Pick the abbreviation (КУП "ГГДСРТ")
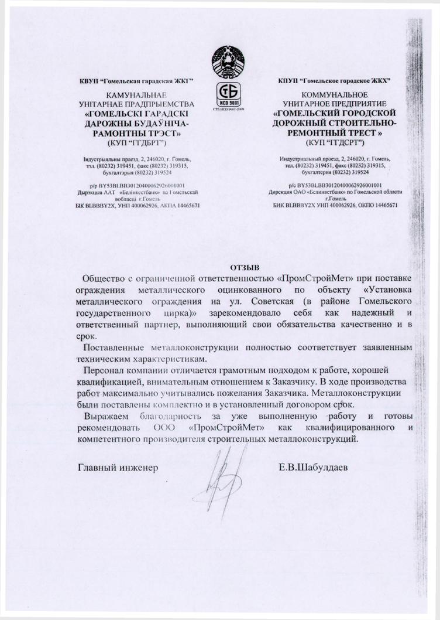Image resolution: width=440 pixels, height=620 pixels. (335, 142)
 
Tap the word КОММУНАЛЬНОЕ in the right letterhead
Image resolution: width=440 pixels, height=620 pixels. (335, 95)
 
